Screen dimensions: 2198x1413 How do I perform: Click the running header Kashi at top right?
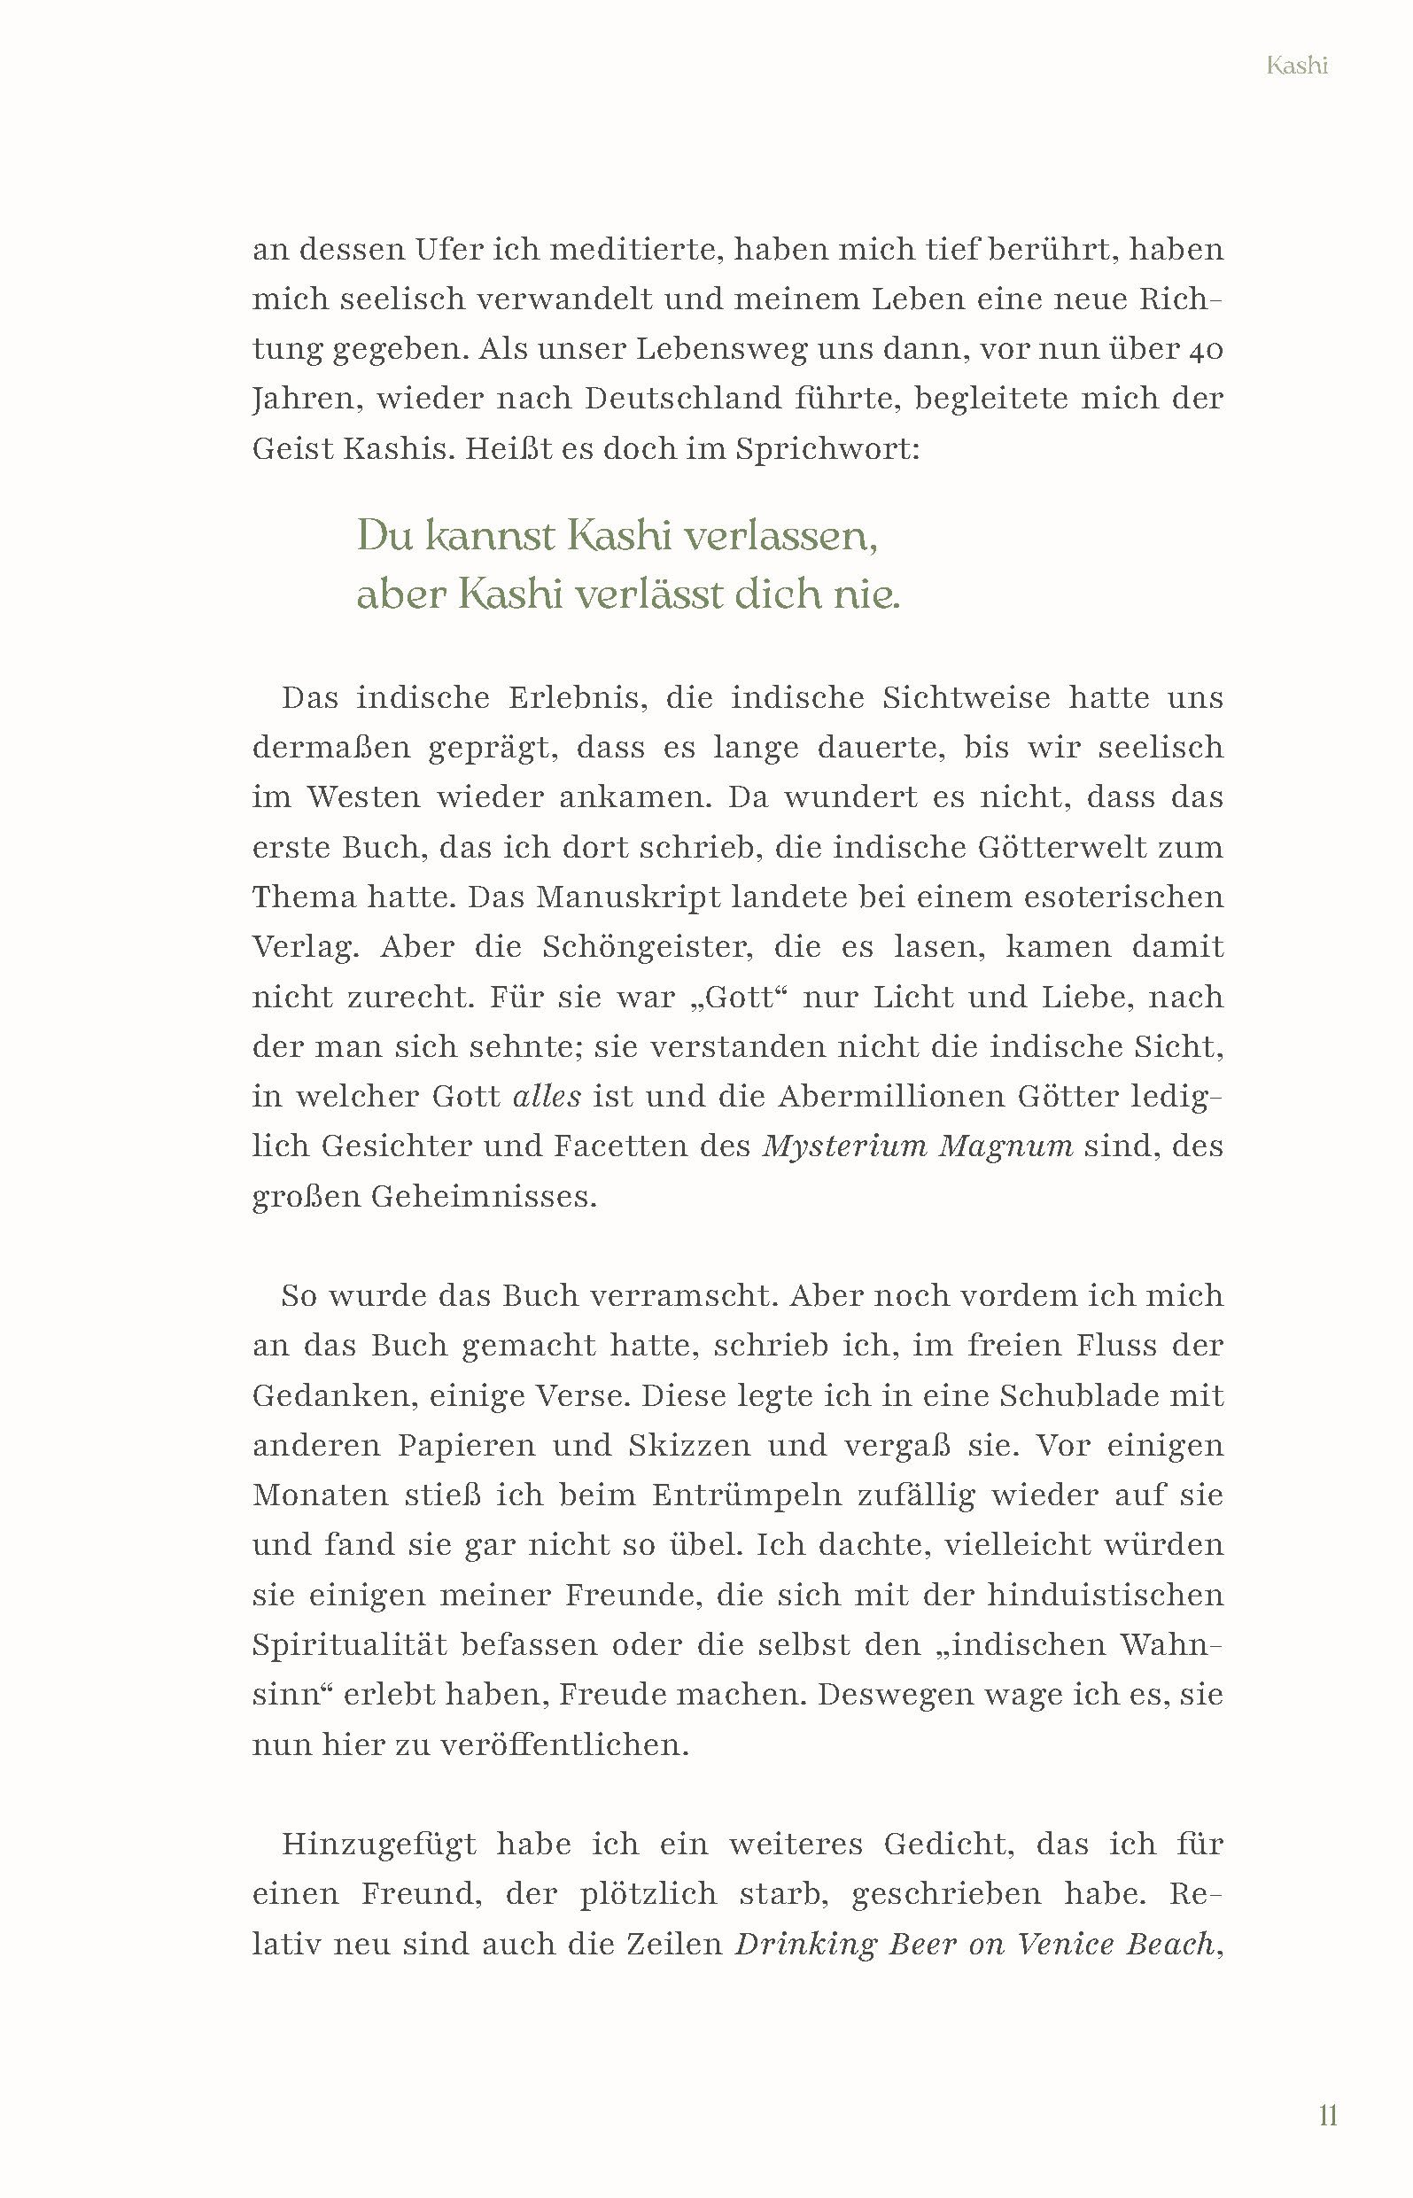(1296, 66)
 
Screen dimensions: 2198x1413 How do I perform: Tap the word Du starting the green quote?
(384, 535)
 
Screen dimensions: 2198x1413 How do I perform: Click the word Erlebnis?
(578, 698)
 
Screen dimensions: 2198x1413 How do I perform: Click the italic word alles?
(547, 1095)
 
